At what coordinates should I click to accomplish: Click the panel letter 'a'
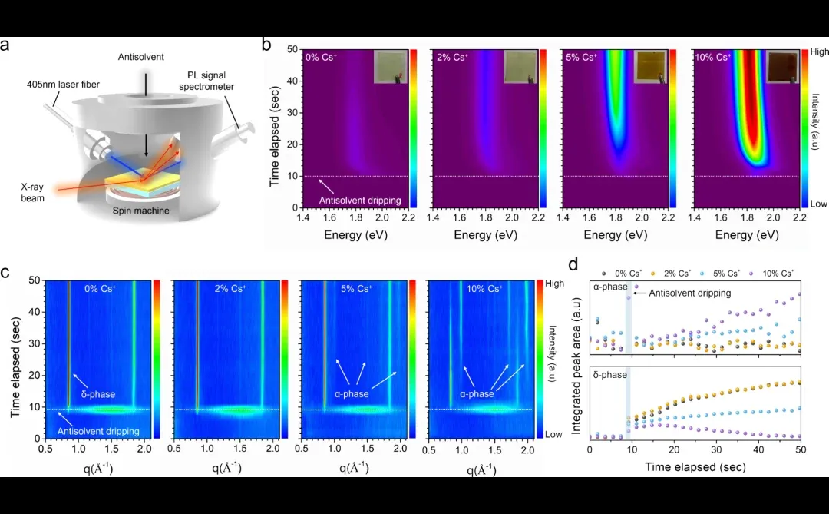[x=5, y=45]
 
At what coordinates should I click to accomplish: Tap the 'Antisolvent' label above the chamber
[x=140, y=58]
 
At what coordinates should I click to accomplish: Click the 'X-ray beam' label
[x=33, y=192]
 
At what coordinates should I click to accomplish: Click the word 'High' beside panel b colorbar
[x=814, y=51]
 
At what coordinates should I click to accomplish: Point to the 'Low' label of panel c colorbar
[x=553, y=434]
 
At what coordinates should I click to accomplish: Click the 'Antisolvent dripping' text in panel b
[x=361, y=201]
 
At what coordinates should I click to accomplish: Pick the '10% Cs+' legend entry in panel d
[x=775, y=272]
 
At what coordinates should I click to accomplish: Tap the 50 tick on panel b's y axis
[x=292, y=49]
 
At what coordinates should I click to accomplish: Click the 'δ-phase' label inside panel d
[x=610, y=375]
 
